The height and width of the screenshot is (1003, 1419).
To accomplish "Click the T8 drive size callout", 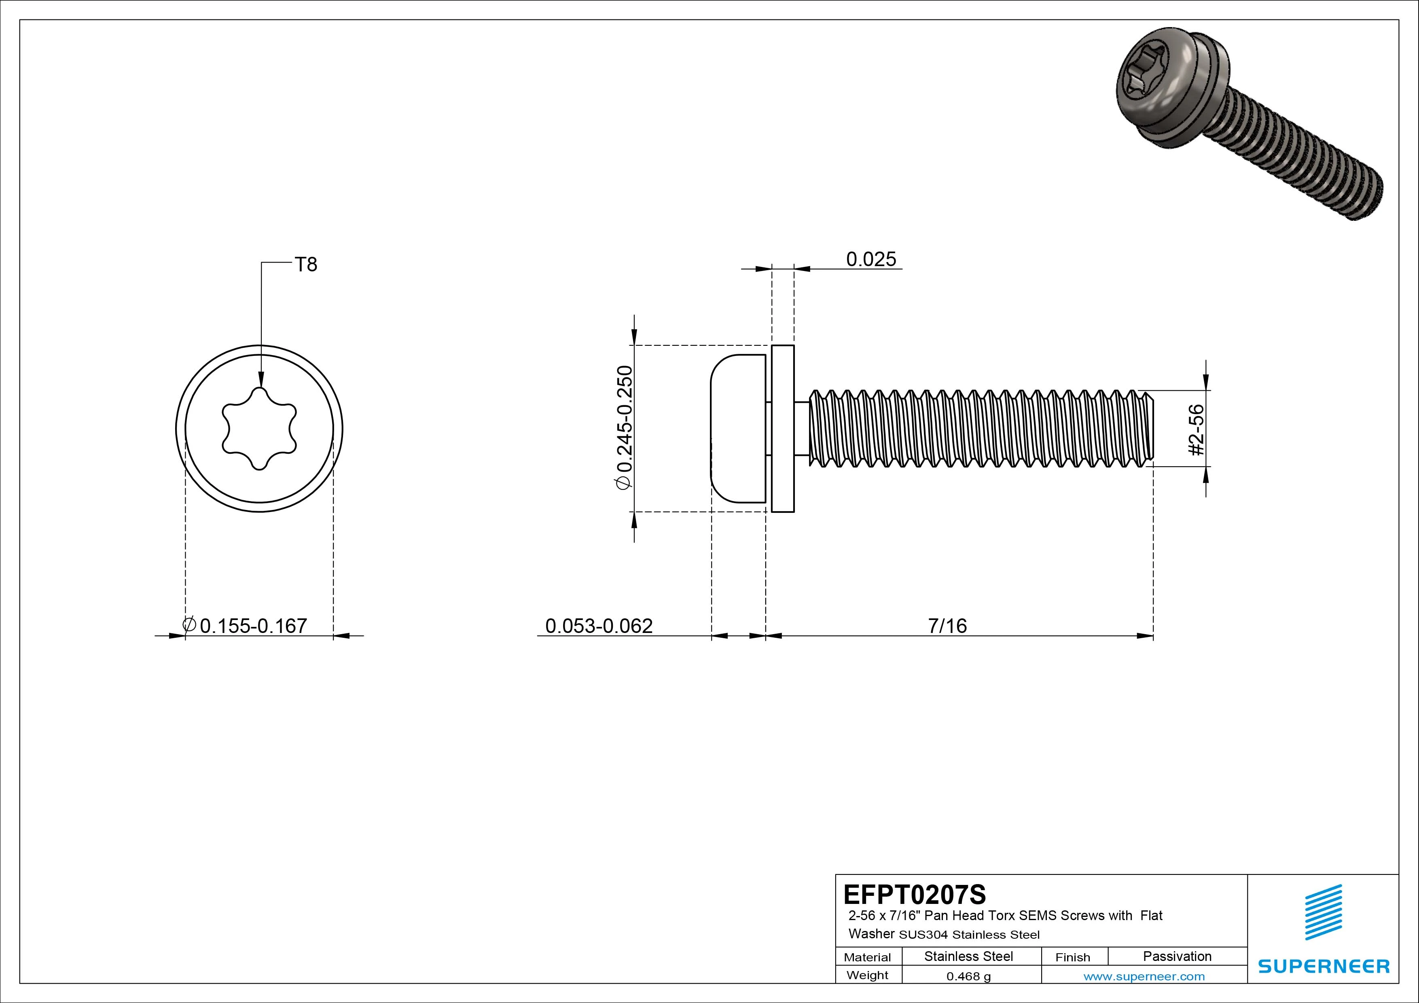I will [306, 265].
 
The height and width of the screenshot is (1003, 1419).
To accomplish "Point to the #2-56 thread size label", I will [1197, 430].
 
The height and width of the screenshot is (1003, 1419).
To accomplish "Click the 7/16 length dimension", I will [947, 626].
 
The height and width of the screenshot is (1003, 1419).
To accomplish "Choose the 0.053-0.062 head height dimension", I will [598, 626].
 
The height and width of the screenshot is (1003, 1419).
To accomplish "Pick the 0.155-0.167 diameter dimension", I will [253, 626].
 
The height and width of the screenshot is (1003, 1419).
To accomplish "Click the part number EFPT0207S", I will [914, 894].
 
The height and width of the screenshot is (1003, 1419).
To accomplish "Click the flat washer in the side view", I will [782, 428].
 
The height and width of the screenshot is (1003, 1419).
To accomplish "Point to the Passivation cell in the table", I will [1177, 956].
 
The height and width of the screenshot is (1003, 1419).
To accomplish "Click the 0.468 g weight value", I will [968, 976].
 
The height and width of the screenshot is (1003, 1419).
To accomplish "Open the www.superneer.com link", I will [1144, 976].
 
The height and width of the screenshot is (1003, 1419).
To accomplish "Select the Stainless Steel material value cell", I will [968, 956].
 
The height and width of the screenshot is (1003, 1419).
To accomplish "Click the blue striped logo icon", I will [1323, 912].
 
